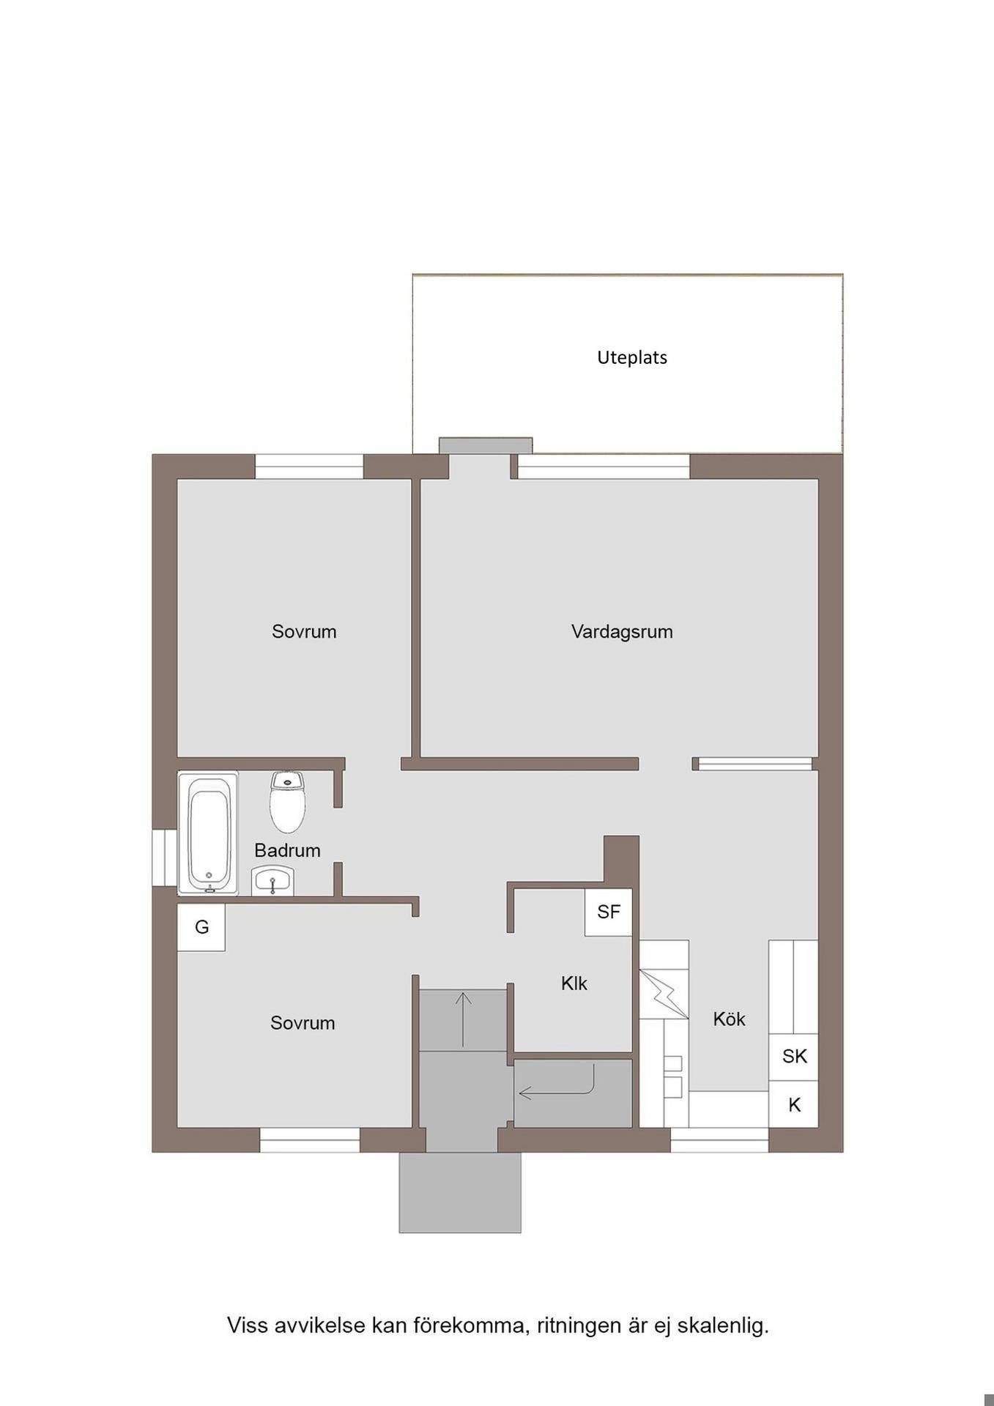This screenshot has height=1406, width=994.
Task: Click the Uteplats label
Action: [x=631, y=358]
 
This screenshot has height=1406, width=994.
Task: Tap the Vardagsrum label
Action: [x=622, y=631]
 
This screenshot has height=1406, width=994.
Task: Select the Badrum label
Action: [x=287, y=850]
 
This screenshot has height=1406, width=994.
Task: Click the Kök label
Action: [x=729, y=1019]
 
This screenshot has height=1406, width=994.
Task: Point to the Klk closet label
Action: [x=574, y=983]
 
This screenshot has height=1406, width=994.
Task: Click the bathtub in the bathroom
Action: [x=209, y=833]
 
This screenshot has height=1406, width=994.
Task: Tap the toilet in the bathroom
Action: [x=287, y=802]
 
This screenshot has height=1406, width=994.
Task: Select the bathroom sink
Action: [x=272, y=881]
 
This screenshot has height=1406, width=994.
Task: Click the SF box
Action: [x=608, y=912]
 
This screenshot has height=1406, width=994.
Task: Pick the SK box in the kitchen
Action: [x=793, y=1056]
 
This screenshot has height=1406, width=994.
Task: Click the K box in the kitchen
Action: [x=793, y=1104]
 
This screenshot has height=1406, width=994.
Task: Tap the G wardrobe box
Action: [x=201, y=927]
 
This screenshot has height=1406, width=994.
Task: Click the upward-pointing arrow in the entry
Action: [x=463, y=1019]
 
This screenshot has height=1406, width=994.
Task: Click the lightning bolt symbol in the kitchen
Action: [x=664, y=994]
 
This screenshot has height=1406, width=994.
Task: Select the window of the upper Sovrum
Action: [x=309, y=466]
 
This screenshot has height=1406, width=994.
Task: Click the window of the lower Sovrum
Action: [x=310, y=1140]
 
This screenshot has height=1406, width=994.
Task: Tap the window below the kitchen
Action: [x=719, y=1140]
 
